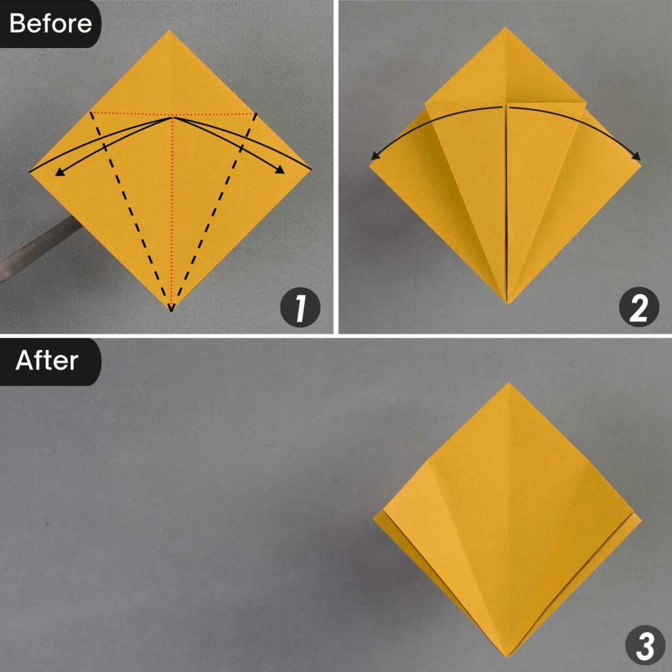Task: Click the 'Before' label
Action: [x=50, y=24]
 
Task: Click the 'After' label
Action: [x=47, y=360]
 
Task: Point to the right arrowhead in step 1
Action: [x=281, y=171]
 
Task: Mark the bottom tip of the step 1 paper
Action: [x=171, y=308]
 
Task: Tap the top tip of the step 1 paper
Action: [x=170, y=31]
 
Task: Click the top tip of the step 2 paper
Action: [x=505, y=29]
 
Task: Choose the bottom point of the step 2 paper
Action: [x=507, y=301]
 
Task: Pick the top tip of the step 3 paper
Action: [x=509, y=384]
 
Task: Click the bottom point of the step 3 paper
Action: [x=508, y=654]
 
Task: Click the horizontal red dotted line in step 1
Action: [x=131, y=114]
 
